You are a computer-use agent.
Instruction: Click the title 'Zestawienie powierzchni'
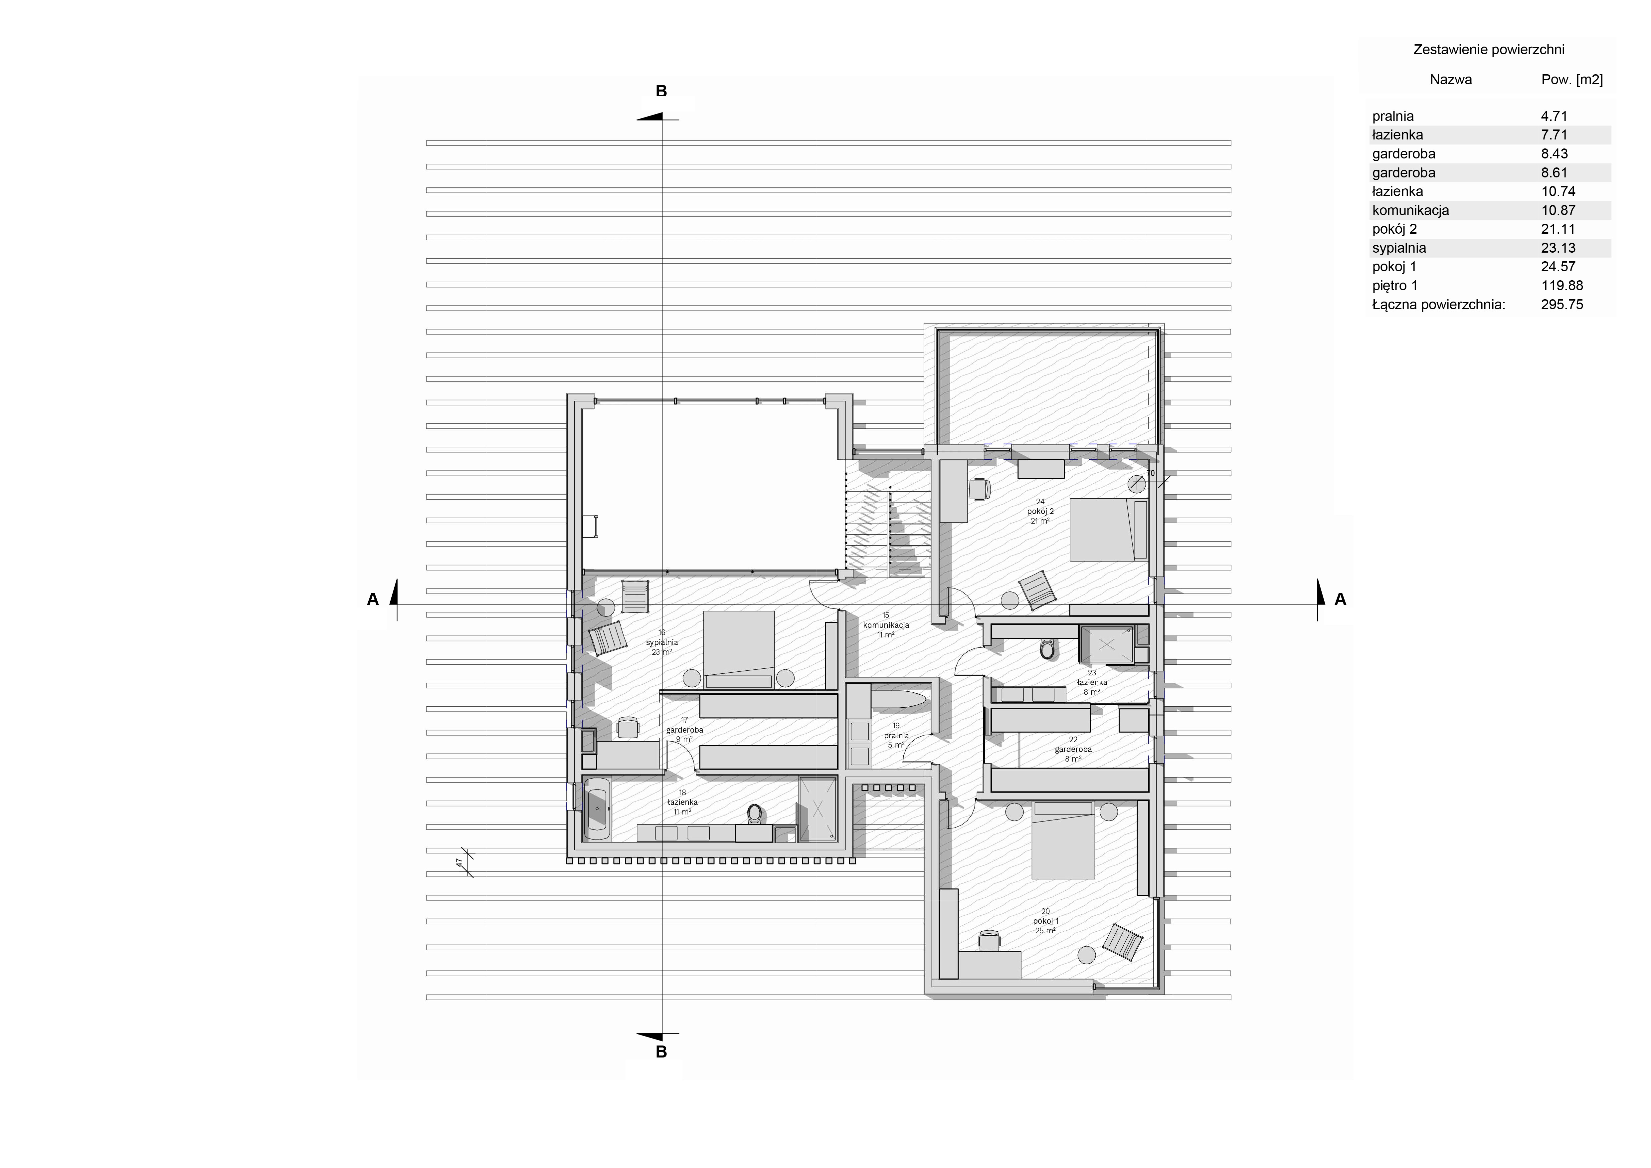pos(1489,50)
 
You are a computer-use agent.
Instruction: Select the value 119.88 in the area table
pos(1562,286)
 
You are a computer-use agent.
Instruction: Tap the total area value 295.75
pos(1562,304)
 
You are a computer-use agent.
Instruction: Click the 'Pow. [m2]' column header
pos(1572,80)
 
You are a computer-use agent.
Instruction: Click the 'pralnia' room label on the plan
pos(896,736)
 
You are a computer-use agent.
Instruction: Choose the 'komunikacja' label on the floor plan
pos(886,625)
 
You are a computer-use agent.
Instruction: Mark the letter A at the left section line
pos(372,599)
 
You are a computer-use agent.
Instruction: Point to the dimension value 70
pos(1151,473)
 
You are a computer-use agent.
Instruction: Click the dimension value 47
pos(459,862)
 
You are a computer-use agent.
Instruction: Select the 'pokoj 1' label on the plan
pos(1045,921)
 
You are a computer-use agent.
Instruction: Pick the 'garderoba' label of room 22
pos(1073,749)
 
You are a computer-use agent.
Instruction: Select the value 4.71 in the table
pos(1554,116)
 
